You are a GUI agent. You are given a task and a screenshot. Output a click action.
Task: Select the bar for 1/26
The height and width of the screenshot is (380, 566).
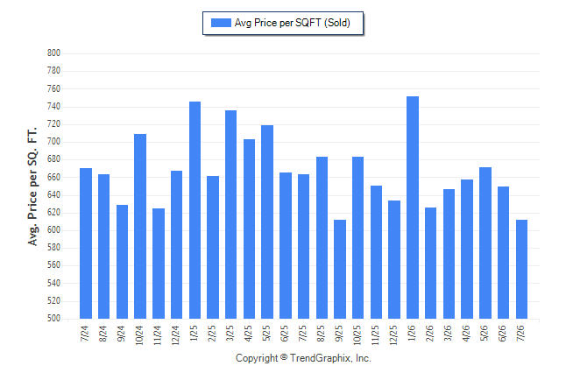coord(413,208)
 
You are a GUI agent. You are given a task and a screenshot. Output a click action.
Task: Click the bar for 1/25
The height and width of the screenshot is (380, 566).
coord(195,210)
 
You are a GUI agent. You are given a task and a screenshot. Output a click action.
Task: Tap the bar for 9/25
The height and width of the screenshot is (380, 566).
coord(340,269)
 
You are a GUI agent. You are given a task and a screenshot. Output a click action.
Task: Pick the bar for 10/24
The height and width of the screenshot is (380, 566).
coord(140,226)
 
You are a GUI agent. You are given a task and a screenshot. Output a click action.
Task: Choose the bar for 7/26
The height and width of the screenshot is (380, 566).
coord(521,269)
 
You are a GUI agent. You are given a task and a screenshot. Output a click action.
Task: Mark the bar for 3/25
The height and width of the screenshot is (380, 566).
coord(231,215)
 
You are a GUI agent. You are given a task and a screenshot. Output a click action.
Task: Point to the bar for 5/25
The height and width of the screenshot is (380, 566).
coord(267,222)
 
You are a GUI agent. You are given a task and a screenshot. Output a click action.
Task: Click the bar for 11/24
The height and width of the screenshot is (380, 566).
coord(159,264)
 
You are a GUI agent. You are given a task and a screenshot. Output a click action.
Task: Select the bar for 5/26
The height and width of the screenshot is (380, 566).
coord(485,243)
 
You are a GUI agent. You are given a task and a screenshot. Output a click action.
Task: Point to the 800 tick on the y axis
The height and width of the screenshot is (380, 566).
coord(53,53)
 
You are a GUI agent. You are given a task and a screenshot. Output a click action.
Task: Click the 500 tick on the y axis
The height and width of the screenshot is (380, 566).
coord(53,319)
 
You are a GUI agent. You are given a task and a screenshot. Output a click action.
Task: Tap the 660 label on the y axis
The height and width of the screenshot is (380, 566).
coord(53,177)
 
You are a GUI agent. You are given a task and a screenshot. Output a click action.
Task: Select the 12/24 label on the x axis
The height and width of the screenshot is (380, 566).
coord(176,335)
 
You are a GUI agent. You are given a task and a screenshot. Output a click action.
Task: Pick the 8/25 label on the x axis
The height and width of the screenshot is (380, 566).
coord(321,334)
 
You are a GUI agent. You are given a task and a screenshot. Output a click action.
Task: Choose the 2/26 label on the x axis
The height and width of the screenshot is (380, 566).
coord(429,334)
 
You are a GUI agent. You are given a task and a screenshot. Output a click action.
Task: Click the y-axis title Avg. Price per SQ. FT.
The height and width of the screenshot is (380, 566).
coord(32,186)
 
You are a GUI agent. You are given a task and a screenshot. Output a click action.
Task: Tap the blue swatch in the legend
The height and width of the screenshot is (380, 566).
coord(221,23)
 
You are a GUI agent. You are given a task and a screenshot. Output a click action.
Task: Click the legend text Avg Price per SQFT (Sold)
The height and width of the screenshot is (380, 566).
coord(293,23)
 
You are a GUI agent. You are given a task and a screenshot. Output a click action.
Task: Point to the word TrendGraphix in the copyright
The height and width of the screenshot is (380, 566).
coord(321,358)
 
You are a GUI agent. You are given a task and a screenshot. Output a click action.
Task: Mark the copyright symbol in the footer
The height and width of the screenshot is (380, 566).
coord(284,357)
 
